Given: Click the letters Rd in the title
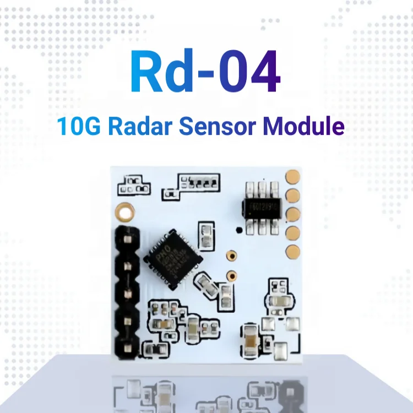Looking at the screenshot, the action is [x=160, y=73].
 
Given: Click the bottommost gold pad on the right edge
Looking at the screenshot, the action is [x=294, y=251].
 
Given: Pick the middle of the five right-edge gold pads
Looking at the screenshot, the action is [x=294, y=214].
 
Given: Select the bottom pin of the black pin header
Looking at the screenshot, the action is [x=127, y=345].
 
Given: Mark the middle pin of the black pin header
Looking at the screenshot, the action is [x=127, y=292].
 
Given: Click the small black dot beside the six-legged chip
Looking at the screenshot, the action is [x=238, y=231].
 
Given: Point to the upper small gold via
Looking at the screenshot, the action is [x=231, y=255].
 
